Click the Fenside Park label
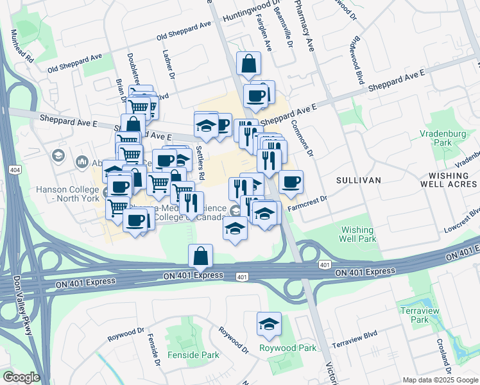193,355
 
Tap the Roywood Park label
287,348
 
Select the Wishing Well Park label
357,234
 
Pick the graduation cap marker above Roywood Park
269,323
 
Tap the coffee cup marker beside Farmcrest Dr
291,182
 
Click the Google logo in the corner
21,377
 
